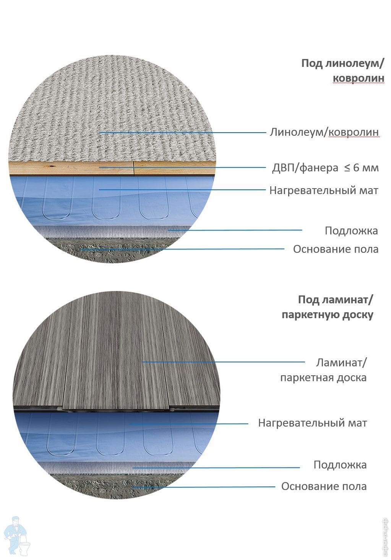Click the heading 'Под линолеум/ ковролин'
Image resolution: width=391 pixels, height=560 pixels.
[342, 71]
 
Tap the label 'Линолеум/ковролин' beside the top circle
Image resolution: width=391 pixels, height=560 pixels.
[324, 132]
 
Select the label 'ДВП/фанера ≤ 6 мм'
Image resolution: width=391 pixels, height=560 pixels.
[325, 168]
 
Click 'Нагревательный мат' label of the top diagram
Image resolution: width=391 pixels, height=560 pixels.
[324, 190]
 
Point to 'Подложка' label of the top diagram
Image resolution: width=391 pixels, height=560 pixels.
[351, 231]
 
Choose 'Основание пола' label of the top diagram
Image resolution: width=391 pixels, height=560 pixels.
[336, 249]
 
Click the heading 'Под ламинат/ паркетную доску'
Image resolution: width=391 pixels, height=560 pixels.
[328, 307]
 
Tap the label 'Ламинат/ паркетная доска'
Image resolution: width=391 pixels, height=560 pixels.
[324, 370]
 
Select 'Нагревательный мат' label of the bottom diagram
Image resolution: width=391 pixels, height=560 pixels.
[312, 423]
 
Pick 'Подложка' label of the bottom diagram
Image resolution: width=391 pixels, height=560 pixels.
[340, 465]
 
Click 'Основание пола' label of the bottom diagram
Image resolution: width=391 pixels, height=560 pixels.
[324, 486]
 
